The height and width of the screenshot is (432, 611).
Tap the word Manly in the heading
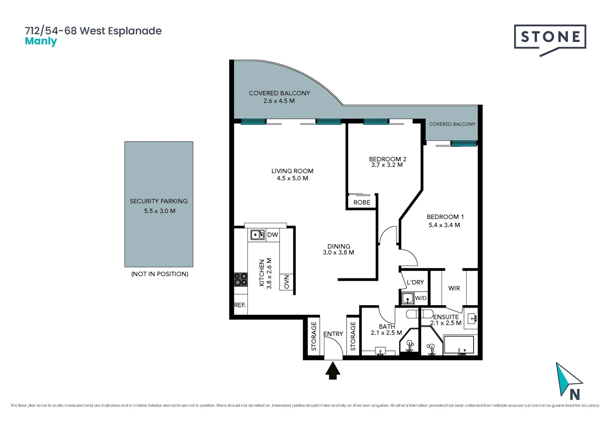tap(41, 42)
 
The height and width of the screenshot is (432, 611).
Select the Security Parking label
tap(158, 201)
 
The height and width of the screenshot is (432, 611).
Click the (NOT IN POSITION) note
tap(160, 274)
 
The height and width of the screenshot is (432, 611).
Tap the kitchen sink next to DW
tap(257, 235)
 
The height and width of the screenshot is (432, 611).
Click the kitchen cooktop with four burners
tap(240, 280)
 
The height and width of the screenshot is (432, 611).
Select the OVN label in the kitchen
tap(286, 282)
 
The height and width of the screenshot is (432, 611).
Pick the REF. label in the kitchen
tap(240, 305)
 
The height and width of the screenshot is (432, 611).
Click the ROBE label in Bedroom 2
tap(362, 202)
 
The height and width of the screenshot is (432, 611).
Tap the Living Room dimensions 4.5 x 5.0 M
tap(292, 178)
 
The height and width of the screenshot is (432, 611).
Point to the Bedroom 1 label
tap(445, 217)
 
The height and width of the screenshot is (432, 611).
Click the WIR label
tap(454, 288)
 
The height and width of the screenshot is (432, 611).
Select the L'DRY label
tap(415, 282)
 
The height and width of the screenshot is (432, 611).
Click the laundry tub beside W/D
tap(407, 298)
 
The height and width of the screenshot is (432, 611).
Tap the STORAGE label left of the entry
tap(314, 336)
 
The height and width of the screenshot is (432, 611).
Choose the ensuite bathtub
tap(459, 345)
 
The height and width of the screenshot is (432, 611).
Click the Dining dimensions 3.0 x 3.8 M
tap(338, 253)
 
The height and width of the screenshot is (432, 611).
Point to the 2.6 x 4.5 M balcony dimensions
tap(279, 101)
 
